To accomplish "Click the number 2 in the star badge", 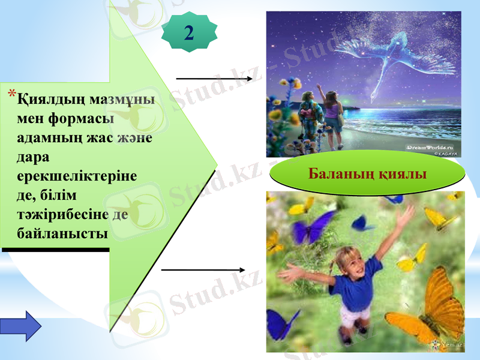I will coord(189,32).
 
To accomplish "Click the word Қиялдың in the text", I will coord(49,97).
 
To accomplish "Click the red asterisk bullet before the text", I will coord(12,94).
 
